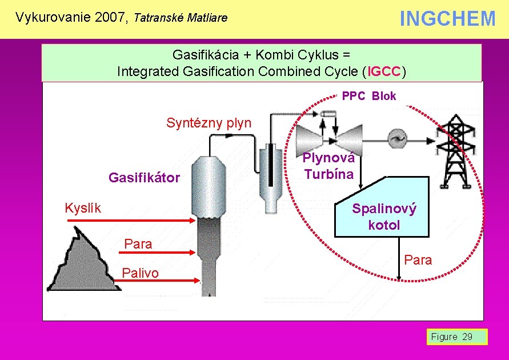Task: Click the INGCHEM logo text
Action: tap(447, 19)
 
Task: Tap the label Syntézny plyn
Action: tap(209, 123)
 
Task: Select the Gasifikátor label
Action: tap(144, 178)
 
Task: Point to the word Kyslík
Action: tap(83, 208)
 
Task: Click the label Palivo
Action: tap(141, 273)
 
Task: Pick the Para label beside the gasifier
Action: tap(138, 245)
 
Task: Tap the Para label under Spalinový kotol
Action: tap(418, 260)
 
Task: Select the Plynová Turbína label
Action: tap(328, 166)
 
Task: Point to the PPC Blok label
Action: tap(368, 96)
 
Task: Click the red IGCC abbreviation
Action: tap(385, 71)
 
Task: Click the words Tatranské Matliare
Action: tap(180, 18)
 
